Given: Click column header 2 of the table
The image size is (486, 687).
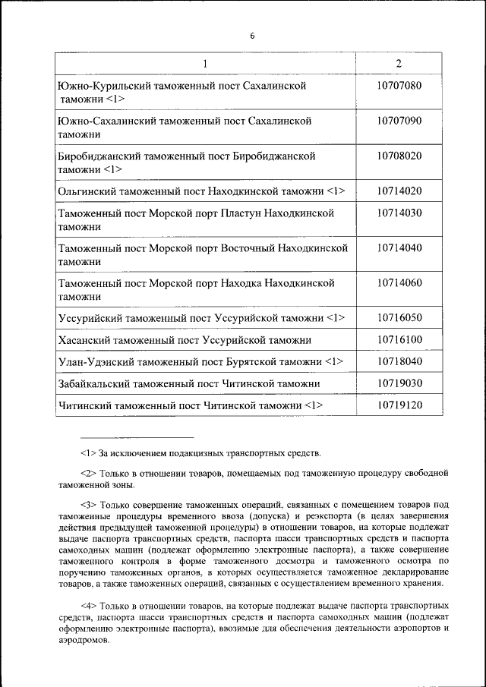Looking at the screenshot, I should point(399,63).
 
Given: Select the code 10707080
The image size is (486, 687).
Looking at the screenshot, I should point(399,86).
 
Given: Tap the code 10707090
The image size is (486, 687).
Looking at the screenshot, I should point(399,121).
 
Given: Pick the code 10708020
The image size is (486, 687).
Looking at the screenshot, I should point(399,156).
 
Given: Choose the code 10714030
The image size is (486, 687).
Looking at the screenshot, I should point(399,213).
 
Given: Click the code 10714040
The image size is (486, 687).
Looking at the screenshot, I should point(399,248).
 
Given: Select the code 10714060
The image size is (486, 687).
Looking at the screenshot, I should point(399,283).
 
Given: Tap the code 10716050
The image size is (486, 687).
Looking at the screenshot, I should point(399,317).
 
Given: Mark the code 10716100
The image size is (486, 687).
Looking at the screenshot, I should point(399,340).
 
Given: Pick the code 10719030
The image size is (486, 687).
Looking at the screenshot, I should point(399,383).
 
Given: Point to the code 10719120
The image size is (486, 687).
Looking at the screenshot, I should point(399,405).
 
